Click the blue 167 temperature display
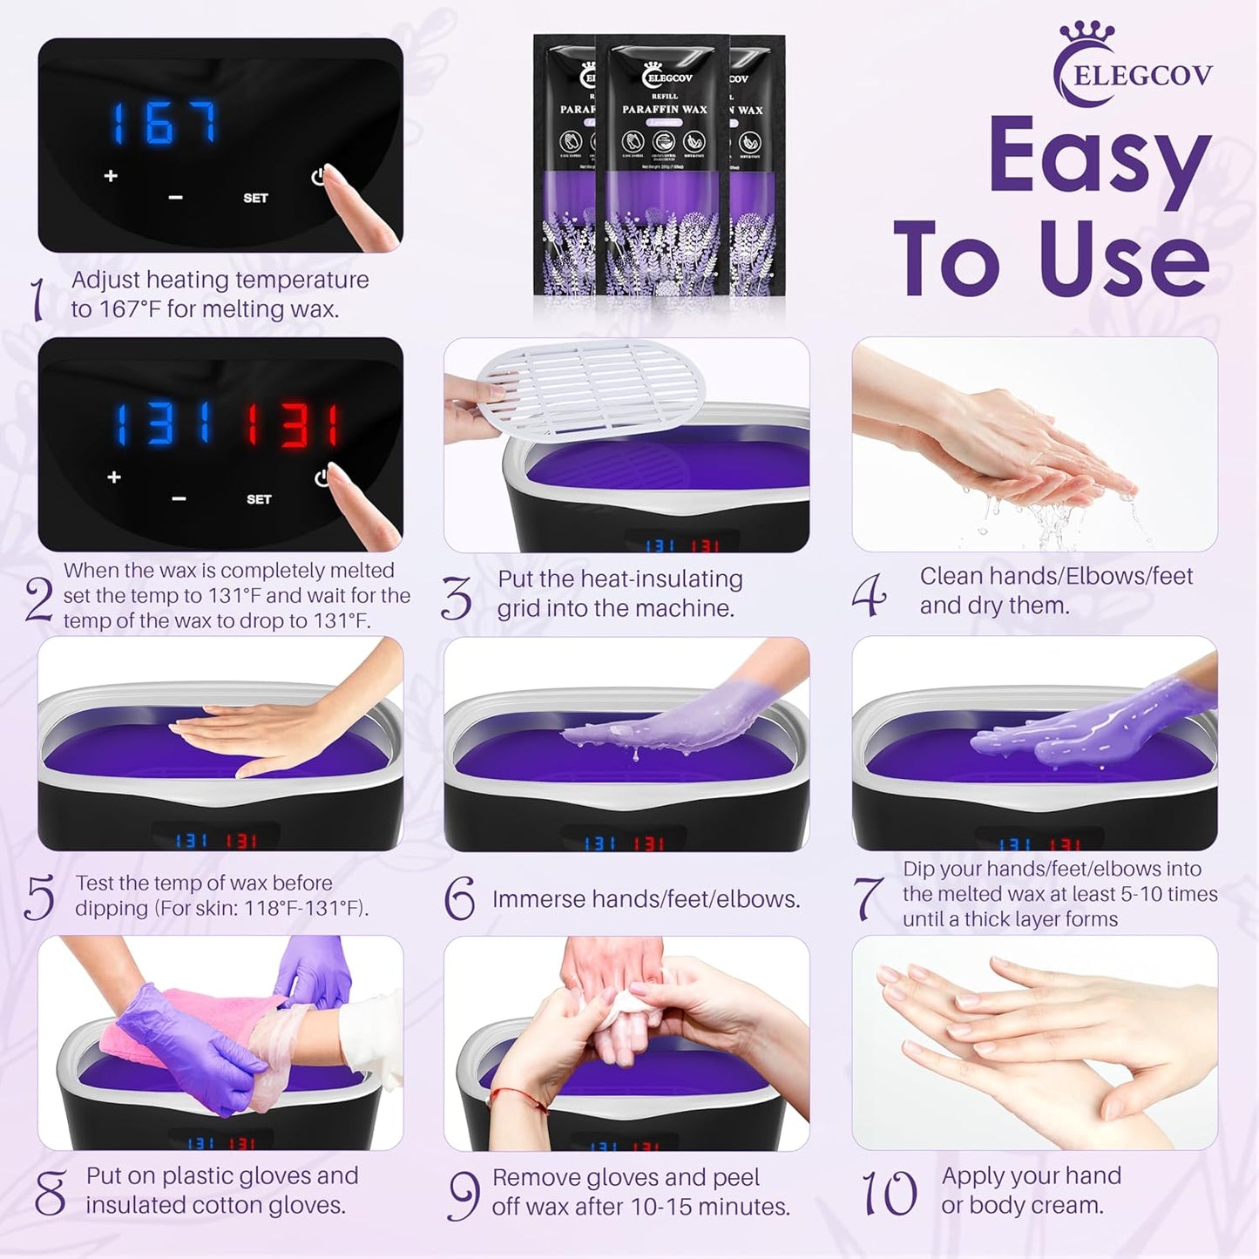(x=164, y=123)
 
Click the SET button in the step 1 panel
(x=255, y=198)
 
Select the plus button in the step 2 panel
(x=114, y=477)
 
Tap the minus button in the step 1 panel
(x=175, y=198)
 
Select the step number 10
(x=889, y=1193)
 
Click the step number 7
(x=868, y=897)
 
